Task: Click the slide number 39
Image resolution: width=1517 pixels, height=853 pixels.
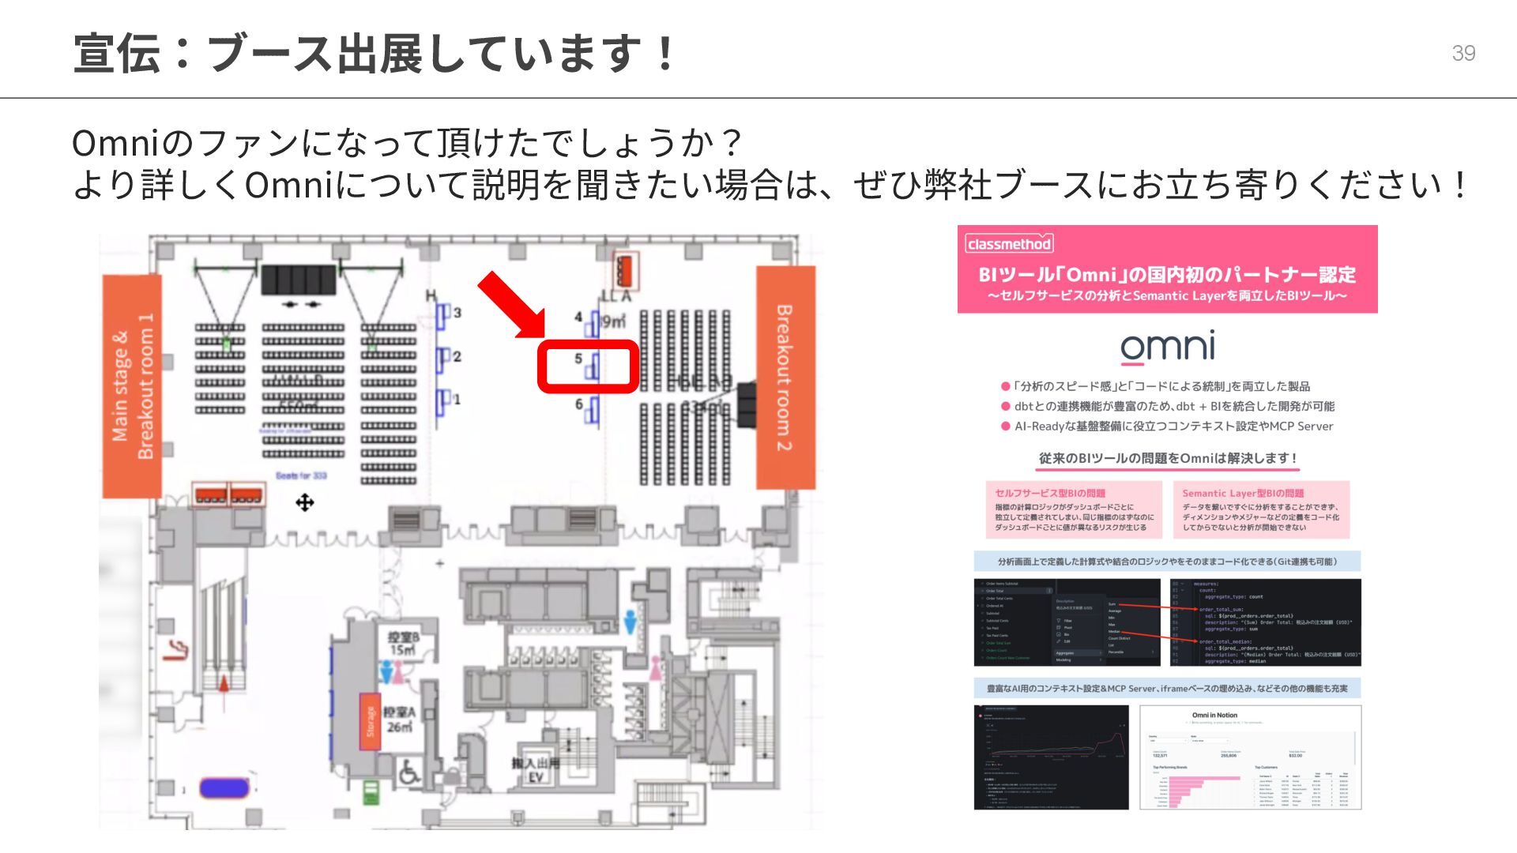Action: (x=1463, y=53)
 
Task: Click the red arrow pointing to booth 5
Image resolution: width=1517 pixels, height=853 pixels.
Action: (x=511, y=304)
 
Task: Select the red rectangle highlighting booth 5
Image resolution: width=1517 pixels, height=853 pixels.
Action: (x=588, y=366)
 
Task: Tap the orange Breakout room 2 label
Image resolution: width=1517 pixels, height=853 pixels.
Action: (x=785, y=378)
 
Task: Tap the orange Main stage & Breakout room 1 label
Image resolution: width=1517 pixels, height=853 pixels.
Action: (x=132, y=386)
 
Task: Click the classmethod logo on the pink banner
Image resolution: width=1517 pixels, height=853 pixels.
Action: (x=1009, y=244)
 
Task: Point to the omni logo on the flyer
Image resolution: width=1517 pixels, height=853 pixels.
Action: (x=1167, y=348)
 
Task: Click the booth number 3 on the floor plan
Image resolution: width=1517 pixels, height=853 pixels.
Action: (x=457, y=313)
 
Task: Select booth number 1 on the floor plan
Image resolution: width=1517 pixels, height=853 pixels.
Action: (x=457, y=399)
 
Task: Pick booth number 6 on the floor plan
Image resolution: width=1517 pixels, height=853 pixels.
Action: (x=579, y=404)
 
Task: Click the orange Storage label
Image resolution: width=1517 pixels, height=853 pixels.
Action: (x=370, y=721)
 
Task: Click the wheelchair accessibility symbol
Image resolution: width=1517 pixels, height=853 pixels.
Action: (x=408, y=772)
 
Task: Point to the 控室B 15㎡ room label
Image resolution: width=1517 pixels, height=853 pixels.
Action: (x=403, y=643)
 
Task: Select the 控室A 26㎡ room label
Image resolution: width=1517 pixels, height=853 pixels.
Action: (x=399, y=719)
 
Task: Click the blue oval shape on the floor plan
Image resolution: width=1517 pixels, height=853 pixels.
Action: (x=224, y=787)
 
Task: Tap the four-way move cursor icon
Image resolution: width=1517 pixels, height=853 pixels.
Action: (x=305, y=502)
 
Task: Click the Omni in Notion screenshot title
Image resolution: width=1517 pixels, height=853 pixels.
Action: (x=1214, y=715)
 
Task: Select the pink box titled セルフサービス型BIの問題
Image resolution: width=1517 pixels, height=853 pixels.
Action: (x=1073, y=509)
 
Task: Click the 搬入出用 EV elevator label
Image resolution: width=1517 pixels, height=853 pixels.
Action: (x=535, y=770)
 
